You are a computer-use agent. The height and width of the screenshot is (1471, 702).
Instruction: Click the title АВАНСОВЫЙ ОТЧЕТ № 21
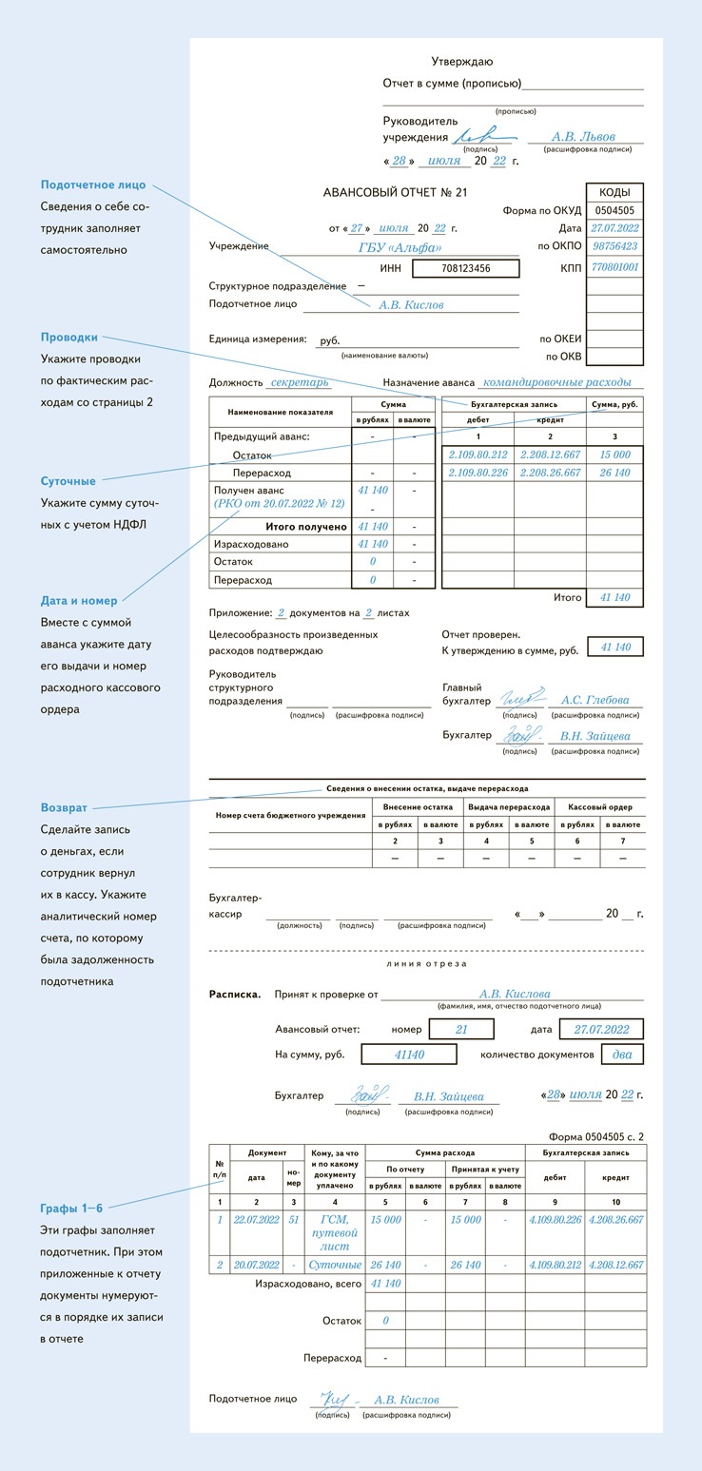coord(396,192)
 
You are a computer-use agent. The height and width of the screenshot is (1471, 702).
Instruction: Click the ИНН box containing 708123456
coord(466,269)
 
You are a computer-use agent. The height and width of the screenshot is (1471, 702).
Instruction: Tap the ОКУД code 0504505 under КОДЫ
coord(615,210)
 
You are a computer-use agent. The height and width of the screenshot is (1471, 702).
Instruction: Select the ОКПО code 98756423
coord(615,246)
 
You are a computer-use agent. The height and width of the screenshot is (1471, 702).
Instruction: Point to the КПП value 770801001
coord(615,268)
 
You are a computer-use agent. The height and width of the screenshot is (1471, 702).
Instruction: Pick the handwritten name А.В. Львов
coord(584,137)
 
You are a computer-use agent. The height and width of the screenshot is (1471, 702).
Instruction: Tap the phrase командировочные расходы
coord(556,382)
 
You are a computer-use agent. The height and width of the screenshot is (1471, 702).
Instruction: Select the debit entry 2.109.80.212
coord(478,455)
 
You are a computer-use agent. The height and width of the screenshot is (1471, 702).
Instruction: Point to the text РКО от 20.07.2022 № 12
coord(280,503)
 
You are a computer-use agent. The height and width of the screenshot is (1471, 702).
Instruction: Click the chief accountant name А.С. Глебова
coord(595,701)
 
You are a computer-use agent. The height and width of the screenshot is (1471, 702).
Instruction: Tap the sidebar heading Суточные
coord(68,481)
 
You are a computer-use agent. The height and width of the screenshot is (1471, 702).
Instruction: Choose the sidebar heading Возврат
coord(65,807)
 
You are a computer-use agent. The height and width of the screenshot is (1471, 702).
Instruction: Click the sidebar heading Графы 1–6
coord(71,1208)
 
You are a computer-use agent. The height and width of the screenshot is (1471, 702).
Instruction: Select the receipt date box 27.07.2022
coord(601,1029)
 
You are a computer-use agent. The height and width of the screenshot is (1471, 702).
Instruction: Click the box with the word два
coord(622,1054)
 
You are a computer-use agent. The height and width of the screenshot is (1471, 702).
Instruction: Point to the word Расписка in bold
coord(235,995)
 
